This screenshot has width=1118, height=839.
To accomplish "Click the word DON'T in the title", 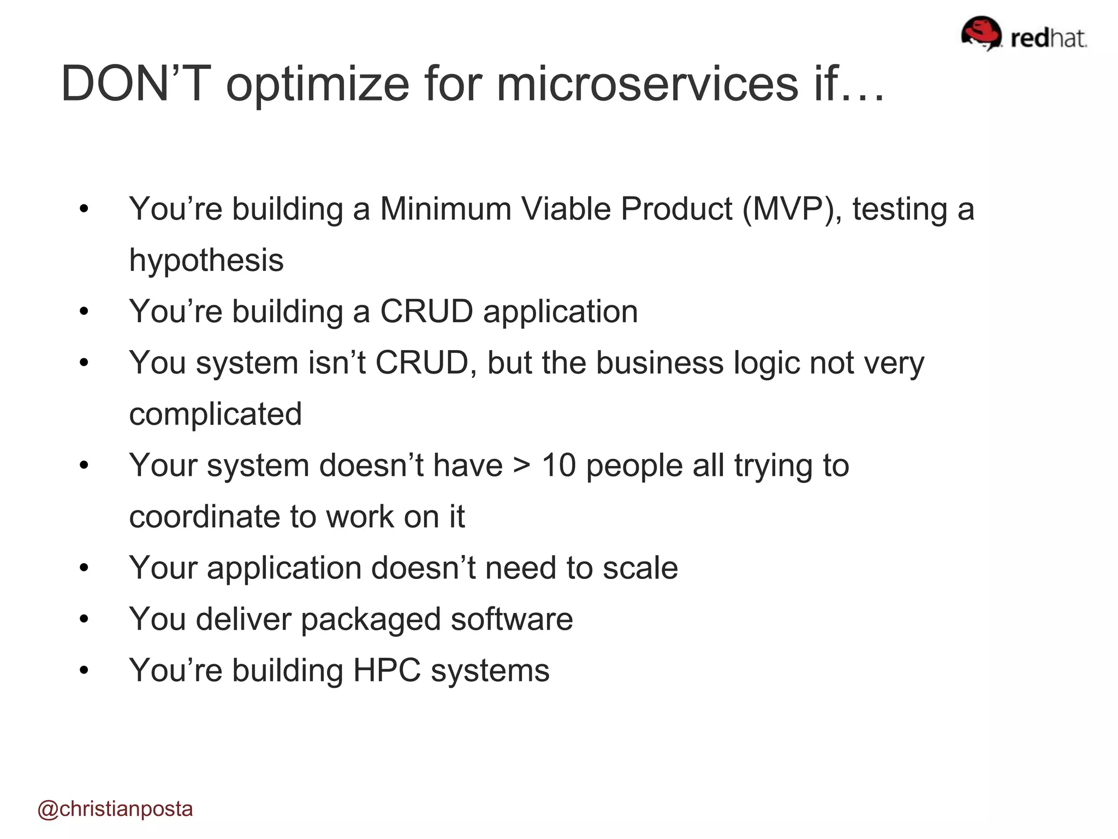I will point(136,84).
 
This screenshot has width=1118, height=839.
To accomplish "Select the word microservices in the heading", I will point(647,84).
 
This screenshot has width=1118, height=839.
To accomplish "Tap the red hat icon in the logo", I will point(981,33).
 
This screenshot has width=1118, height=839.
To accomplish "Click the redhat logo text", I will point(1048,38).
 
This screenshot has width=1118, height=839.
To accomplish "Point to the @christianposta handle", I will point(115,809).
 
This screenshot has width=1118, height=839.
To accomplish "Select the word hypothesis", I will point(206,261).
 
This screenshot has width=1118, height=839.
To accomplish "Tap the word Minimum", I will point(445,209).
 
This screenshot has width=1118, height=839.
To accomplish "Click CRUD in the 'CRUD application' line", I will point(426,312).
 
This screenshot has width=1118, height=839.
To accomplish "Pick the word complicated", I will point(215,415).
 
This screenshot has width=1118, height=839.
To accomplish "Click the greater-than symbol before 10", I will point(522,466).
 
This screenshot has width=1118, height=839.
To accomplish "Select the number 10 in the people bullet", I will point(558,466).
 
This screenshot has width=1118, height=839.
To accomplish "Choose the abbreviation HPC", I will point(386,671).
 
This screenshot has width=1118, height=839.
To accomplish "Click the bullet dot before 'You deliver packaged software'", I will point(84,619).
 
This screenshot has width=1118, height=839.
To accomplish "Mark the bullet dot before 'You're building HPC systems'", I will point(84,670).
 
